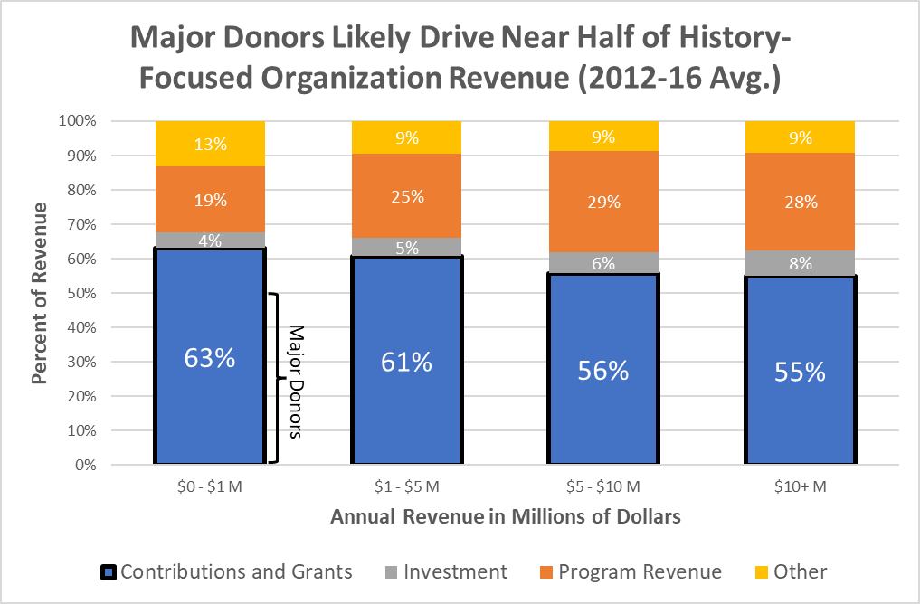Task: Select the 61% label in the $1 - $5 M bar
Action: point(406,363)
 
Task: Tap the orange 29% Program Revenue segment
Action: point(603,203)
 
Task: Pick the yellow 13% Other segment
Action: point(210,144)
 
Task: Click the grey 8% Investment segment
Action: point(800,263)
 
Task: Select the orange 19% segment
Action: point(210,200)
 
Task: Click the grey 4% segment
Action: point(210,241)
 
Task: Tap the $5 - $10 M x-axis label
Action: point(603,486)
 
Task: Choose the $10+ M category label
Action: point(800,486)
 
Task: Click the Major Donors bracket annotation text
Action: point(295,381)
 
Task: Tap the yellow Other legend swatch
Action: point(764,571)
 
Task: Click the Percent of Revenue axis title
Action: point(40,293)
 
